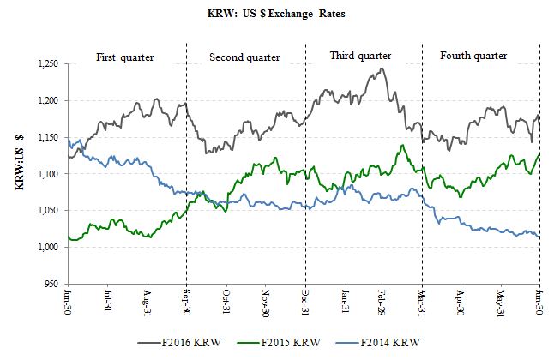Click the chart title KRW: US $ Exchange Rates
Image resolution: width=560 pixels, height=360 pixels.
(x=280, y=15)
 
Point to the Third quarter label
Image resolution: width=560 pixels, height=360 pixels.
(x=363, y=56)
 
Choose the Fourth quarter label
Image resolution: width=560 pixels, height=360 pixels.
(x=473, y=56)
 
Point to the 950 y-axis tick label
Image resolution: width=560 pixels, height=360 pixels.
(x=56, y=284)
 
